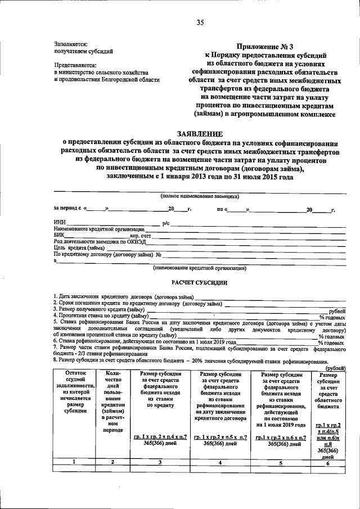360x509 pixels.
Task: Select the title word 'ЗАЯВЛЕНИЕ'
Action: (200, 134)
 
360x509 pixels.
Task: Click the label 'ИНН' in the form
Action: (60, 223)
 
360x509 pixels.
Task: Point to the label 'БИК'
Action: (60, 236)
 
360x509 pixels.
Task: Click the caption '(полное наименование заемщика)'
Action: (199, 196)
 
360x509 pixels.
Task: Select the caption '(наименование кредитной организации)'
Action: (200, 268)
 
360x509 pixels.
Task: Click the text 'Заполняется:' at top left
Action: (71, 43)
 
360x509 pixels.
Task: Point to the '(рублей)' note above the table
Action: (336, 368)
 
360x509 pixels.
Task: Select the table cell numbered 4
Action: (220, 462)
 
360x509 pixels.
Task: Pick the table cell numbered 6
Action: (328, 462)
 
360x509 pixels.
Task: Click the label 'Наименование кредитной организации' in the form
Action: (99, 229)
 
